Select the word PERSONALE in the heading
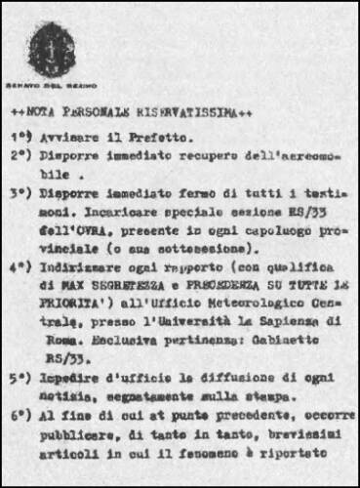[106, 112]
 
